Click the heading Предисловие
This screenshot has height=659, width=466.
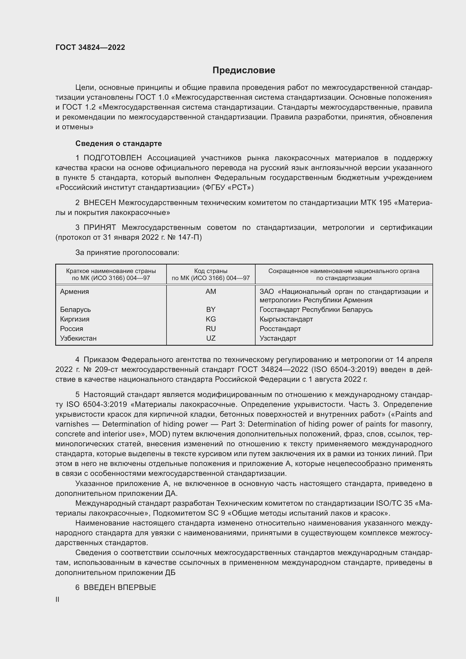click(x=244, y=70)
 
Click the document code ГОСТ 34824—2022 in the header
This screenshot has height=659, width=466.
click(x=90, y=47)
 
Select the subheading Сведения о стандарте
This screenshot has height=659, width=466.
click(x=119, y=143)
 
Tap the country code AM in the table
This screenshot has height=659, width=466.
click(x=211, y=292)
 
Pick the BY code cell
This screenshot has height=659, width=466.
click(x=211, y=309)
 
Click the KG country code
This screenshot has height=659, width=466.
click(x=211, y=319)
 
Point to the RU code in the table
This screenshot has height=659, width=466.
click(x=211, y=329)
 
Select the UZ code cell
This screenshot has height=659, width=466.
click(x=211, y=338)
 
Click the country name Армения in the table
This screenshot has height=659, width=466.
click(x=74, y=292)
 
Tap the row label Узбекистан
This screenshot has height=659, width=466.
click(x=78, y=338)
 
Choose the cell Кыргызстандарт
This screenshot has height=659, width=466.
click(x=286, y=319)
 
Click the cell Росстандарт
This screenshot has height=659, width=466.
click(x=280, y=329)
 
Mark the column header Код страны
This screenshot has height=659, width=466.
click(x=211, y=271)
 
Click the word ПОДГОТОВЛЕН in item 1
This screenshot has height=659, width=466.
click(x=112, y=158)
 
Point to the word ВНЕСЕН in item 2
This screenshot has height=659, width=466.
click(x=99, y=203)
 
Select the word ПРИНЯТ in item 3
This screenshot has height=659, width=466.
click(x=99, y=227)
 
